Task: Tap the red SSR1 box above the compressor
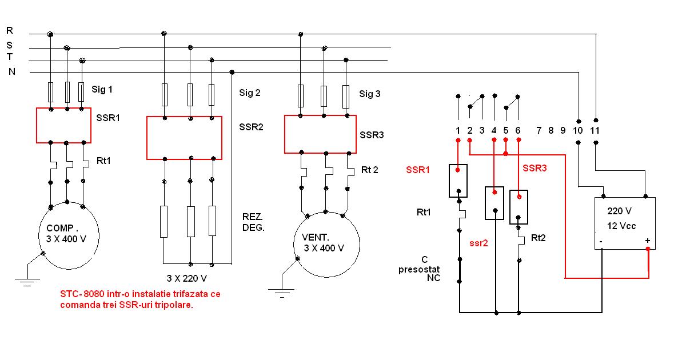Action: point(63,126)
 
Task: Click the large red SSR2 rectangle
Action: point(184,138)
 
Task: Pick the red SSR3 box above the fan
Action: point(320,134)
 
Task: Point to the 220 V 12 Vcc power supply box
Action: point(625,223)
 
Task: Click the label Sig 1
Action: point(102,89)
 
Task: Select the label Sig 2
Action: point(250,93)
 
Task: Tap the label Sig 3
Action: point(369,94)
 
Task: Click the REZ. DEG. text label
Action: point(253,222)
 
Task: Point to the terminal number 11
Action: point(595,130)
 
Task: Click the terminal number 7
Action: point(539,130)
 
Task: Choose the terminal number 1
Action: point(458,130)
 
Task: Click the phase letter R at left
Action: point(10,30)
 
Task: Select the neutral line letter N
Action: point(11,71)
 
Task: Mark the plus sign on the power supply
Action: point(648,241)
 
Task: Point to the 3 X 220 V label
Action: point(186,278)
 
